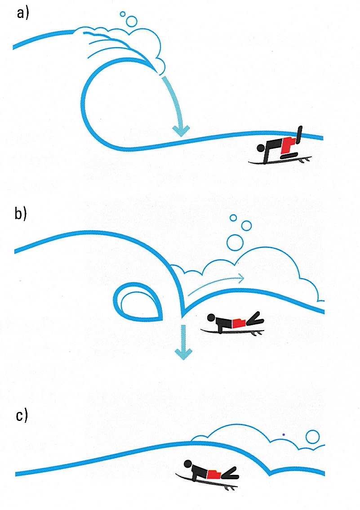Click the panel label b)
[21, 214]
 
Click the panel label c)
[22, 416]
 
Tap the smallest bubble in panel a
[123, 14]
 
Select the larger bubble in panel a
[132, 21]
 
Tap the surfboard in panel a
[280, 160]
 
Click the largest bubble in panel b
[235, 242]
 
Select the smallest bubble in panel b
[233, 218]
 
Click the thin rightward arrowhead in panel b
[241, 278]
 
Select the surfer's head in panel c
[188, 465]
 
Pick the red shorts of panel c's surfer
[214, 474]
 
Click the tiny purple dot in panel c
[284, 434]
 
